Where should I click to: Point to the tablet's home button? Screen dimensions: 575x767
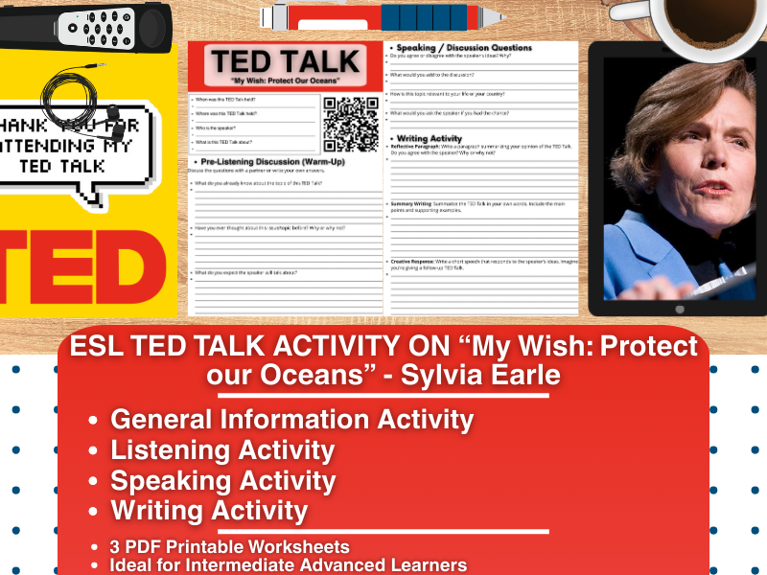680,309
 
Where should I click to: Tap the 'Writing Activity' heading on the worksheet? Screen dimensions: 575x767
430,138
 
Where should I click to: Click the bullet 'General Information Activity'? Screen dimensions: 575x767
291,419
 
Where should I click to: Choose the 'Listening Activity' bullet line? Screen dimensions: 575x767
222,449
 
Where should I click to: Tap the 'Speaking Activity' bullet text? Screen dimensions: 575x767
222,480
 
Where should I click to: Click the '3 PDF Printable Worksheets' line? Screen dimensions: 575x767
230,547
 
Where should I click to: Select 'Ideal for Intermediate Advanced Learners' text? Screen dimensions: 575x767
289,564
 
